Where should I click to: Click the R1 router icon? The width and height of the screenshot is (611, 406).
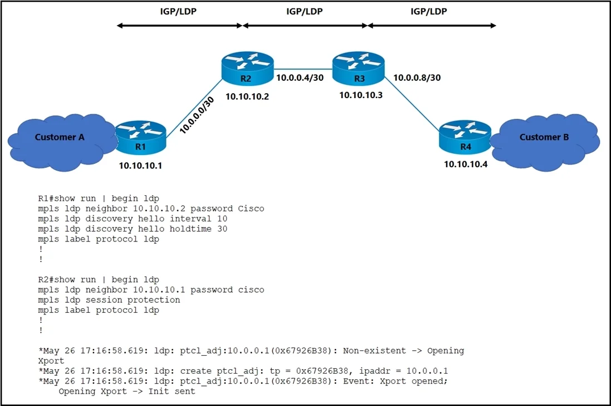[141, 137]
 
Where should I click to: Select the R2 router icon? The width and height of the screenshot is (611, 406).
[247, 68]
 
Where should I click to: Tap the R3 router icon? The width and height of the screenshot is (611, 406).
[359, 68]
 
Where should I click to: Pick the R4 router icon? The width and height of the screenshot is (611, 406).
[465, 137]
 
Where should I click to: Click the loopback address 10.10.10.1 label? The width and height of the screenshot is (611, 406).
[140, 166]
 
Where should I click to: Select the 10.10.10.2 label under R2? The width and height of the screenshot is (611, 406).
[247, 96]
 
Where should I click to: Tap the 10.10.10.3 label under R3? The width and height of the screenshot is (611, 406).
[361, 95]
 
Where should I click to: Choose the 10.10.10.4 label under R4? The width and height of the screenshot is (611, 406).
[466, 164]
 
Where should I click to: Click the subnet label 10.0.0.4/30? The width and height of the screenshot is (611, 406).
[300, 78]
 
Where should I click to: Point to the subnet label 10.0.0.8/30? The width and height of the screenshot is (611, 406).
[417, 78]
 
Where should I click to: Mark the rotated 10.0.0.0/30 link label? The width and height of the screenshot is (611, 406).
[197, 115]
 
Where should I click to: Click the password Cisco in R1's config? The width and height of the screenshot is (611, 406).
[251, 209]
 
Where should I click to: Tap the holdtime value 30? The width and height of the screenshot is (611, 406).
[222, 229]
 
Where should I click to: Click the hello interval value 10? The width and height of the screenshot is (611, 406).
[222, 219]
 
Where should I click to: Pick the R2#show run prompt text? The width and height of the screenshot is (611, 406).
[67, 279]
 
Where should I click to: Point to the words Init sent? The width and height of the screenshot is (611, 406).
[172, 391]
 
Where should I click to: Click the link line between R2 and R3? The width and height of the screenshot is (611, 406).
[303, 69]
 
